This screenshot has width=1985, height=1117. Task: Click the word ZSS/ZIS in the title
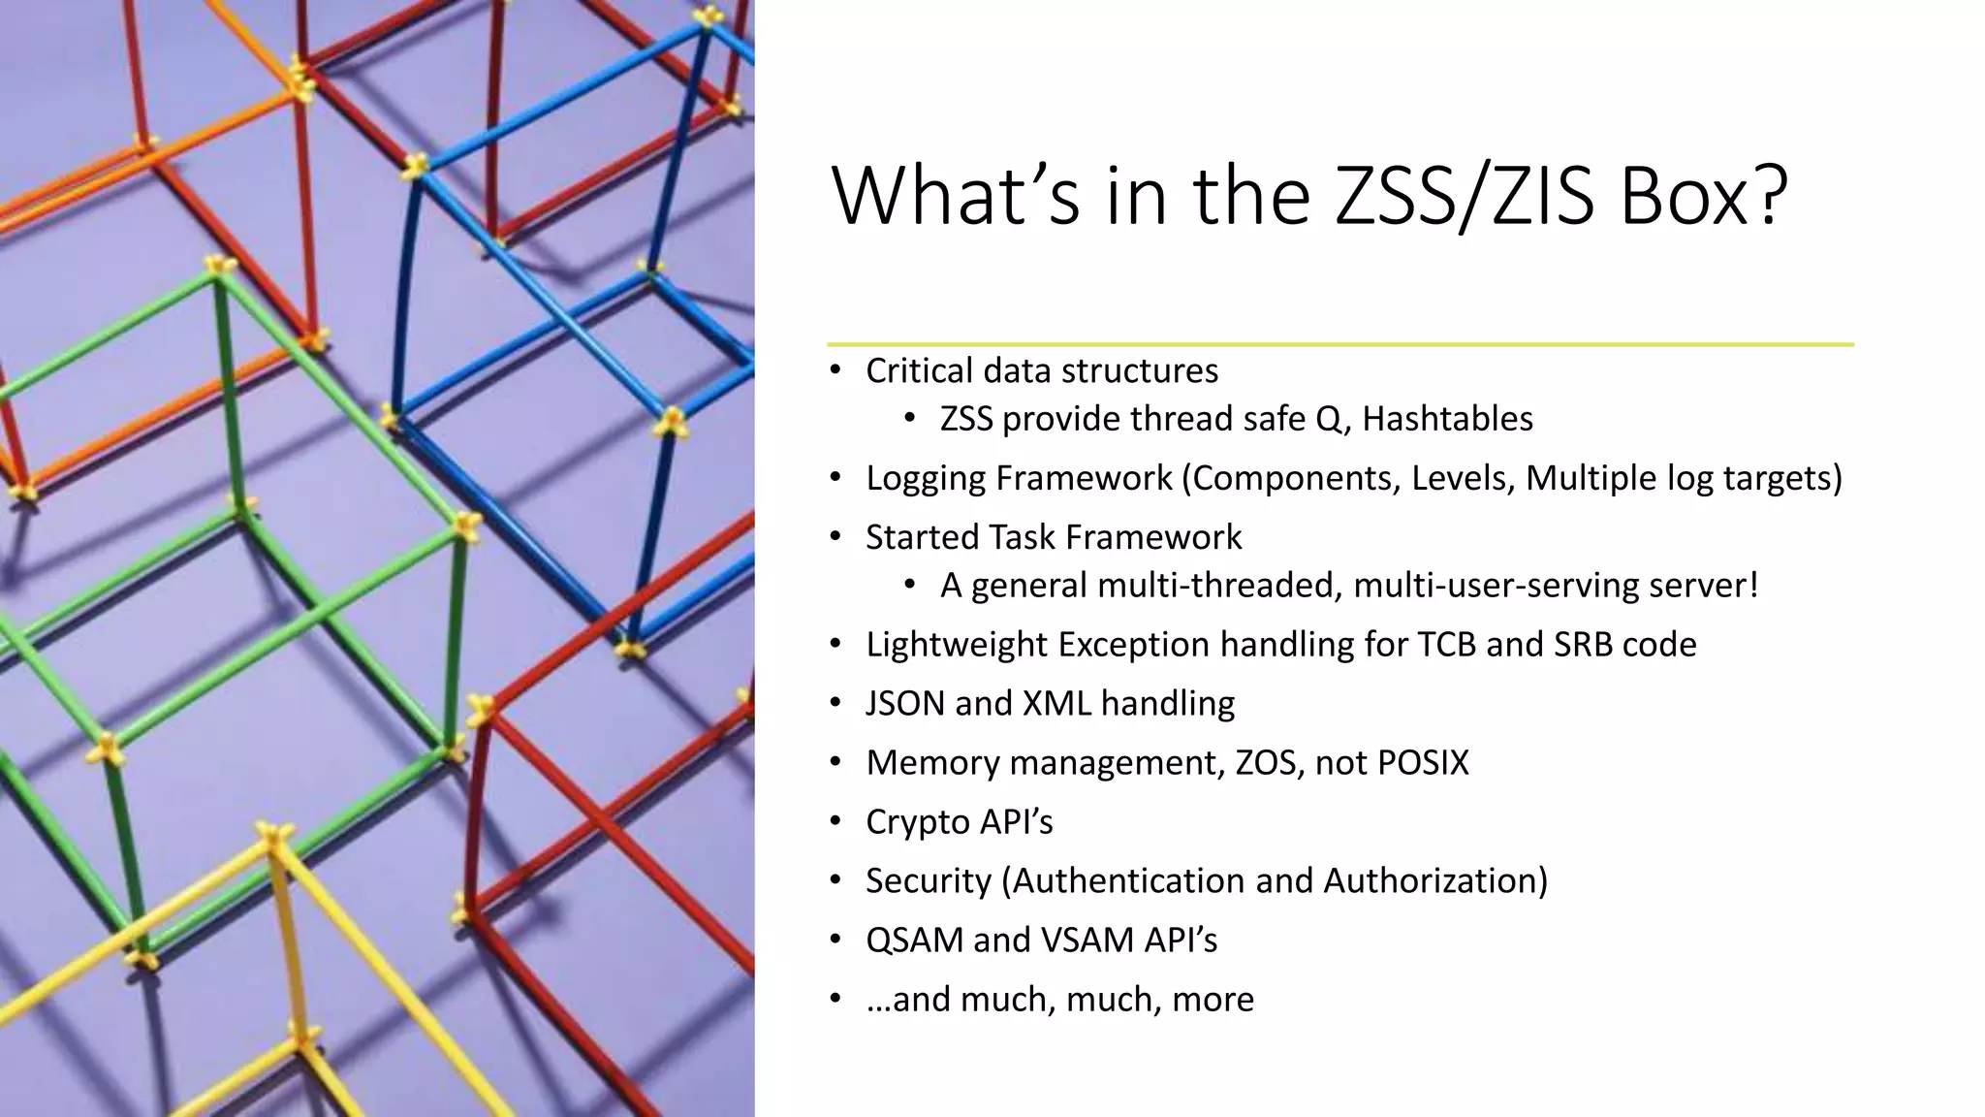click(x=1464, y=197)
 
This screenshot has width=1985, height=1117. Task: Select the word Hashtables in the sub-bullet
click(x=1447, y=419)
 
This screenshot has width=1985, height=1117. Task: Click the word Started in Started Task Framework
click(x=921, y=537)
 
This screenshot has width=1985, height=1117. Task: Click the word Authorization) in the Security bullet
click(x=1435, y=881)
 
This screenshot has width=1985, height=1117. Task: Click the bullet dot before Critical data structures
click(x=835, y=371)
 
